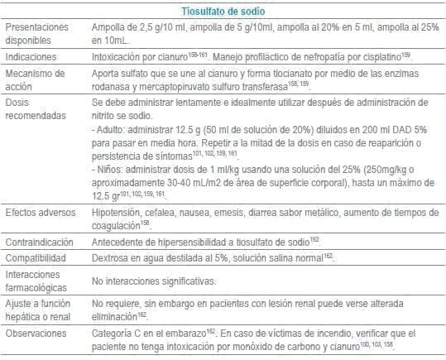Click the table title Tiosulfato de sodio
(x=223, y=11)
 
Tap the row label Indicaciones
(x=32, y=57)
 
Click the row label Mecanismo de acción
(x=31, y=80)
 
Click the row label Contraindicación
(x=38, y=241)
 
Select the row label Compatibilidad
(x=34, y=257)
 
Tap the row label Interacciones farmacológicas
(x=34, y=281)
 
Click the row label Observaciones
(x=35, y=334)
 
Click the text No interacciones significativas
(x=150, y=281)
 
